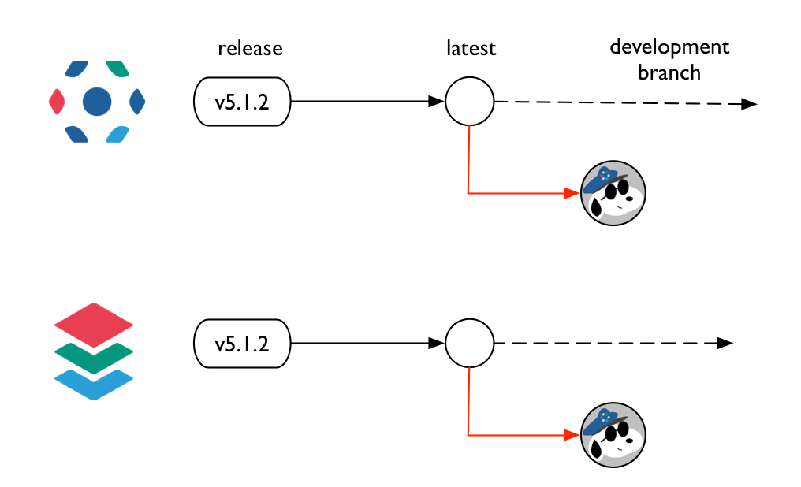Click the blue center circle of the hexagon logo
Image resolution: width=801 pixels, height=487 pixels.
97,101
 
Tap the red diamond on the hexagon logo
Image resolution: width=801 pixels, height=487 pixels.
57,101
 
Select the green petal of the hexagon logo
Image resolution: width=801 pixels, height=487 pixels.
117,69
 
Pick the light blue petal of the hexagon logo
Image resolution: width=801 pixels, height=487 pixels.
117,133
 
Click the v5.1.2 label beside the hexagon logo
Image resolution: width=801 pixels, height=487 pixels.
242,102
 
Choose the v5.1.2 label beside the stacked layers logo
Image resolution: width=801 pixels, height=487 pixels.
242,344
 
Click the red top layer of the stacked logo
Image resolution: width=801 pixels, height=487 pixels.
94,322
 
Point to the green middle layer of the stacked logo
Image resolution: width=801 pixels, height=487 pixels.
94,359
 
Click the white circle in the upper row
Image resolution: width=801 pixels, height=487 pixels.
470,102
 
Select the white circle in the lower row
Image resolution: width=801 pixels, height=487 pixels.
470,344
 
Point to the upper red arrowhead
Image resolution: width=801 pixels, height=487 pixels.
573,193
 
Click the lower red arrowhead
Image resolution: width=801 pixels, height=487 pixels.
573,435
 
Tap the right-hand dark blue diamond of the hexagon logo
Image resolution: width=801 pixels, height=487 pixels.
137,101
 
